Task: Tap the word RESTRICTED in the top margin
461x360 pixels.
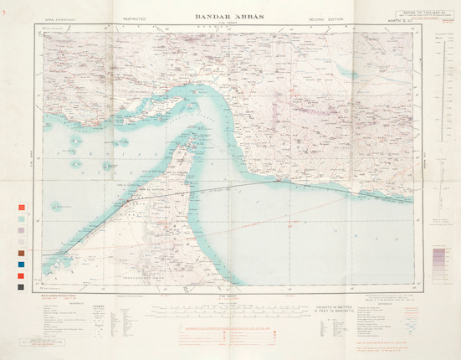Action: (x=134, y=17)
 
